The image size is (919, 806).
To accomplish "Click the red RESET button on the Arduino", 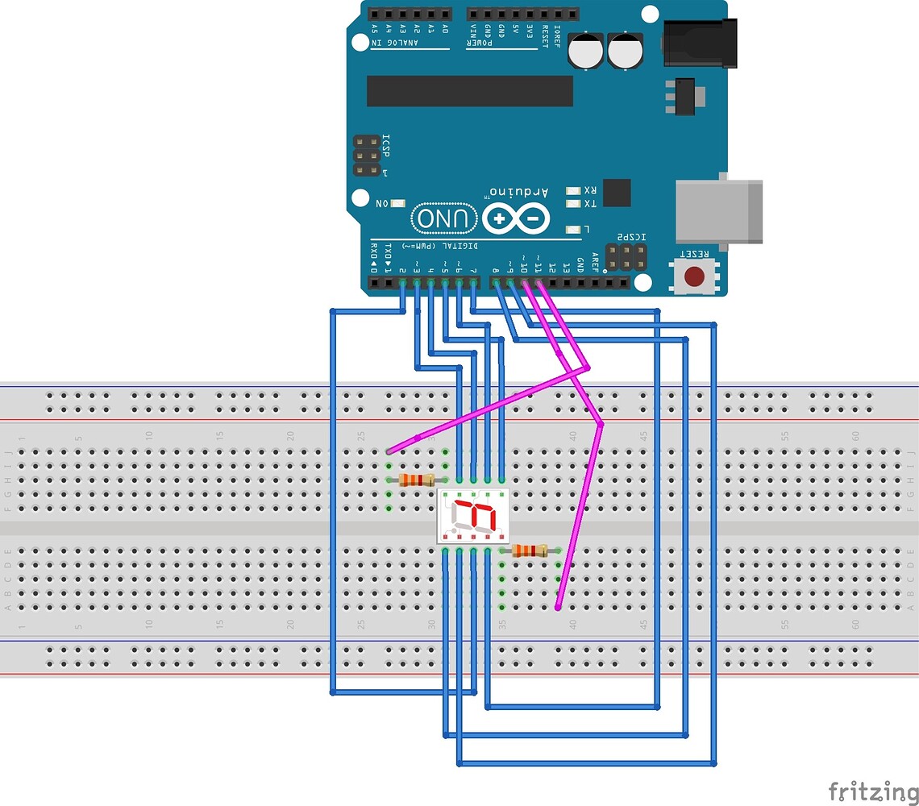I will (693, 276).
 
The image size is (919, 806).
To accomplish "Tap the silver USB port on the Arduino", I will (718, 212).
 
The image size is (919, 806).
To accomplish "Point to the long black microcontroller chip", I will (469, 91).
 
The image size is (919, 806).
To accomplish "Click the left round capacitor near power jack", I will (584, 50).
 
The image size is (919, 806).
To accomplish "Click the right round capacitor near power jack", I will (626, 50).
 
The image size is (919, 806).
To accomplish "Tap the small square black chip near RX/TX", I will (617, 193).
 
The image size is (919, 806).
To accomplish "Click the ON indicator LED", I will (397, 204).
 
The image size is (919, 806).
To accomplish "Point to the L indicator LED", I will (573, 229).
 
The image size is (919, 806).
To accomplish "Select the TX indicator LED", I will (573, 204).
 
